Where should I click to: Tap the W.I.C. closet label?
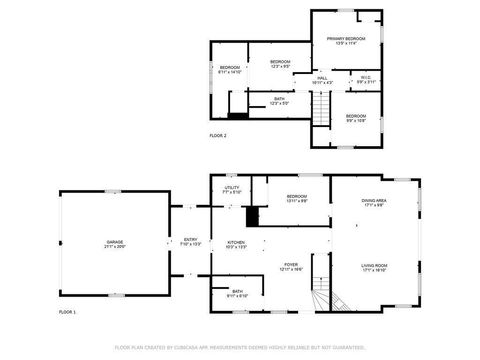366,80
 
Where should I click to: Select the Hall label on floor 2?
323,80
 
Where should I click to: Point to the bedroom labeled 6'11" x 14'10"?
230,70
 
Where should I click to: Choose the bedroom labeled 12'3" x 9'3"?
280,65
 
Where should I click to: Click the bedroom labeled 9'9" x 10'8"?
356,118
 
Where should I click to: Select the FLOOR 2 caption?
218,135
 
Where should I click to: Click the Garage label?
116,243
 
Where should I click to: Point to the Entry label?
190,241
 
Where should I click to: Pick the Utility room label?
231,190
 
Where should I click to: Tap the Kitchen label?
236,244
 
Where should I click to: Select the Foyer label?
291,267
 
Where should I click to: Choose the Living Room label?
374,267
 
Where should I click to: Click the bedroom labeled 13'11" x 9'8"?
296,198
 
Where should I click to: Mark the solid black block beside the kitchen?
252,217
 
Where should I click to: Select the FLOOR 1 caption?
67,313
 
